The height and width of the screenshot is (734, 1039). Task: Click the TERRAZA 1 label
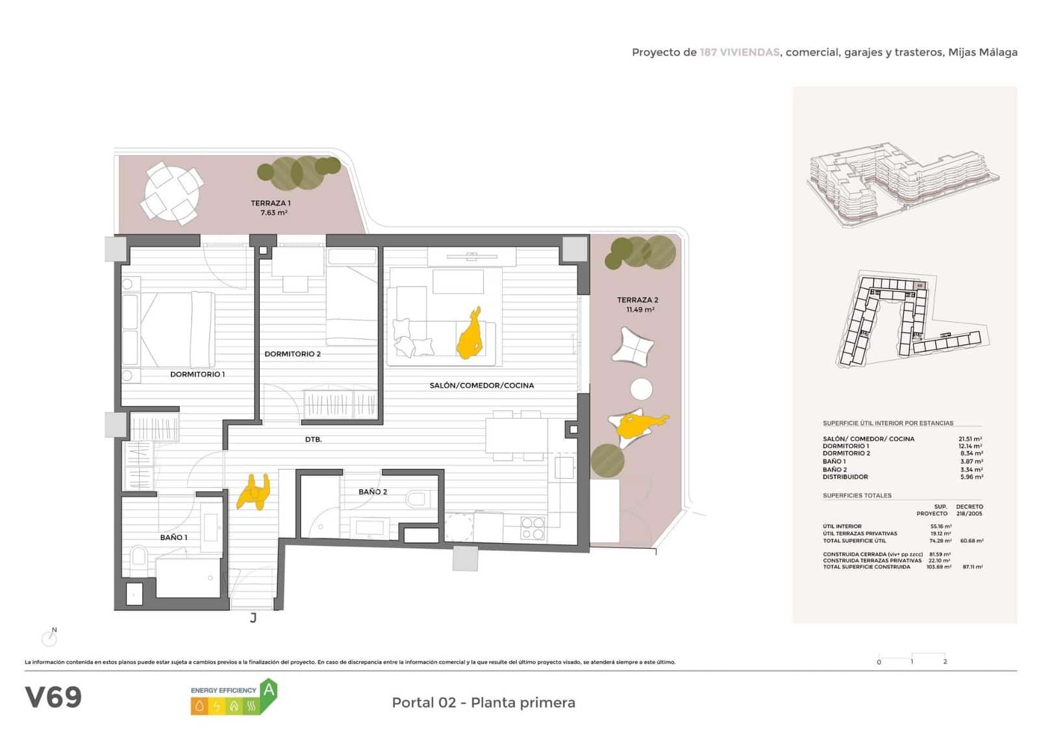coord(271,203)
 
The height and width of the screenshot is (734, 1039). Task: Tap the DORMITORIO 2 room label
coord(292,354)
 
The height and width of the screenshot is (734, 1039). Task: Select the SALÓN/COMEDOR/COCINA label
coord(481,385)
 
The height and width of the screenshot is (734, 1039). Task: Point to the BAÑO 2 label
coord(373,492)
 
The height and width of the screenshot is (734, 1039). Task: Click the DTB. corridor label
coord(313,440)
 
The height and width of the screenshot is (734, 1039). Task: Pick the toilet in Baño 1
coord(138,557)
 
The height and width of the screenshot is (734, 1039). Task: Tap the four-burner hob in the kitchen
coord(532,528)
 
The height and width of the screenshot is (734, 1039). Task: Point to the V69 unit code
coord(53,698)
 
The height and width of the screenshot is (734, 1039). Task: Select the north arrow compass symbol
coord(49,638)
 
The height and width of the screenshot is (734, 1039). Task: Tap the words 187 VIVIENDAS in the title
coord(739,53)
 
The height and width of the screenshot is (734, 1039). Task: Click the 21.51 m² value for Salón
coord(970,439)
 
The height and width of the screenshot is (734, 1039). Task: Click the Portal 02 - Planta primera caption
coord(483,703)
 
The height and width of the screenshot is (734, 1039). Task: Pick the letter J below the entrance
coord(253,618)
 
